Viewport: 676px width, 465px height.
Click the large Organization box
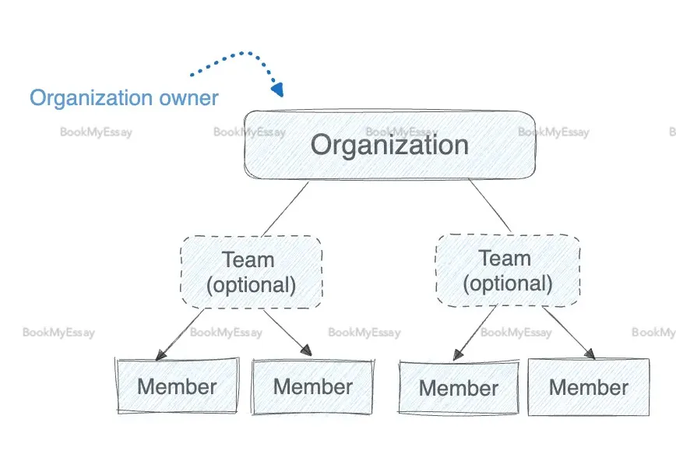pyautogui.click(x=389, y=146)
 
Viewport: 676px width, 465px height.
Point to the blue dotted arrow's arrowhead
pyautogui.click(x=278, y=90)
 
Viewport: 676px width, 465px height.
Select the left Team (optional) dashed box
pyautogui.click(x=251, y=271)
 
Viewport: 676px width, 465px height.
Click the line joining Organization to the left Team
pyautogui.click(x=285, y=208)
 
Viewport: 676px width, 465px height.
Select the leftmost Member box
pyautogui.click(x=177, y=386)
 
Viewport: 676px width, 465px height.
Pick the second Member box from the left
pyautogui.click(x=312, y=386)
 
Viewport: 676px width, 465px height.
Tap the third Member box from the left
pyautogui.click(x=459, y=387)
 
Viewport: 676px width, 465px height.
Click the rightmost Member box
pyautogui.click(x=588, y=387)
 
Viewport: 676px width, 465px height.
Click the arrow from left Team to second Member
pyautogui.click(x=287, y=333)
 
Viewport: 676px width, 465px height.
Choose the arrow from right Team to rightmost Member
pyautogui.click(x=569, y=333)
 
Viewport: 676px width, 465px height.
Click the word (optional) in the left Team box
pyautogui.click(x=251, y=284)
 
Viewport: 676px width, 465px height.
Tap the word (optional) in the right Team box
pyautogui.click(x=507, y=282)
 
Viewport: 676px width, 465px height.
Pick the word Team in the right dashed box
pyautogui.click(x=505, y=258)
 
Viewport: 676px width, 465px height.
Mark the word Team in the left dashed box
pyautogui.click(x=248, y=259)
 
